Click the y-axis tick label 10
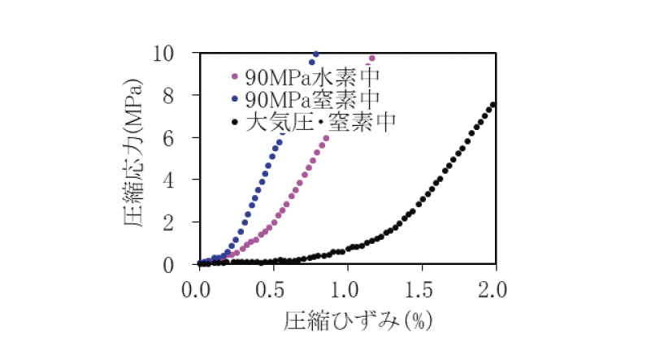(x=180, y=54)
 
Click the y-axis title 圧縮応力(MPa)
(x=135, y=159)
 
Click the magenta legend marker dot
(x=235, y=78)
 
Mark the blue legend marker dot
(x=235, y=100)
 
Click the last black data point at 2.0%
(x=494, y=104)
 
